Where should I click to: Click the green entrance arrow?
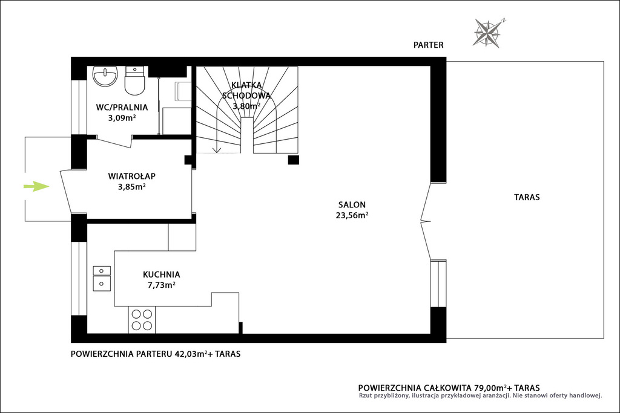36,186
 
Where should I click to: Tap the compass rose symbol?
488,33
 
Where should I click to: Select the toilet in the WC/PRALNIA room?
134,80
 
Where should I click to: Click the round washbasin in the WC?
105,76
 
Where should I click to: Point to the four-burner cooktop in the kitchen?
142,320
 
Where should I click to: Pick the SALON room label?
352,204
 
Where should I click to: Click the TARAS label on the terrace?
527,197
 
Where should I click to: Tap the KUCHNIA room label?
161,275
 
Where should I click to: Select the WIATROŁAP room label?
131,176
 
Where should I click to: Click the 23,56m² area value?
352,215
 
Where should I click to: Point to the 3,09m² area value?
122,117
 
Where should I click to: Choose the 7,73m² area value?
161,285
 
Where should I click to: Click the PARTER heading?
428,45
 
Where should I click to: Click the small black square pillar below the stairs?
294,160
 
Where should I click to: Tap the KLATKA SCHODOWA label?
246,90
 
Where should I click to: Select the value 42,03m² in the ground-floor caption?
191,353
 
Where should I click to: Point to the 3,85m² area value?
131,186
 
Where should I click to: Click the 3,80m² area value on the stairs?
246,106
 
